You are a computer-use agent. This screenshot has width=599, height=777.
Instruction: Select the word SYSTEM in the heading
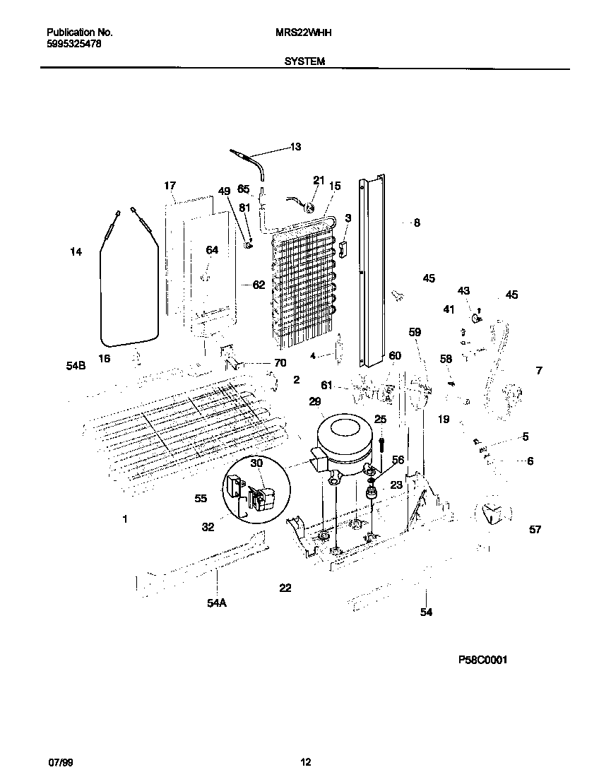(x=304, y=61)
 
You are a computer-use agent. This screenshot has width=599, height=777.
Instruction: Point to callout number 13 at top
(x=295, y=147)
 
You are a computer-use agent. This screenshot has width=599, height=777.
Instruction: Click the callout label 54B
(x=76, y=366)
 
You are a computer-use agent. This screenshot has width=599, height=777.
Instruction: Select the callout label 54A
(x=216, y=603)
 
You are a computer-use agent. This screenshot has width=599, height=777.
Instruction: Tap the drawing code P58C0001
(x=482, y=660)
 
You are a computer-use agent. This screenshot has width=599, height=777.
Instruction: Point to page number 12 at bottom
(x=305, y=762)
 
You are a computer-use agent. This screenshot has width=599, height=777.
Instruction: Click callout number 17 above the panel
(x=170, y=186)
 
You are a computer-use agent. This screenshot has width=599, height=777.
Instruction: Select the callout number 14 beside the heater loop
(x=76, y=251)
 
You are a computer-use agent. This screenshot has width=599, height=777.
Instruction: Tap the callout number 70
(x=280, y=363)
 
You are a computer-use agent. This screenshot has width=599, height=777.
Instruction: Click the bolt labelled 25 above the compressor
(x=380, y=443)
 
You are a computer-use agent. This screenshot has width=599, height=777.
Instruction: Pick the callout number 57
(x=535, y=529)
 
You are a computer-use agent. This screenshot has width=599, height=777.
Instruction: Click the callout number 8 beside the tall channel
(x=417, y=223)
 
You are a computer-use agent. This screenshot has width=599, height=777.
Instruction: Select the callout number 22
(x=285, y=588)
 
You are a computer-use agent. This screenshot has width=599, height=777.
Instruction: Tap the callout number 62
(x=259, y=285)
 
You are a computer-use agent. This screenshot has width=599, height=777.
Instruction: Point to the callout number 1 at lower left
(x=125, y=519)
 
